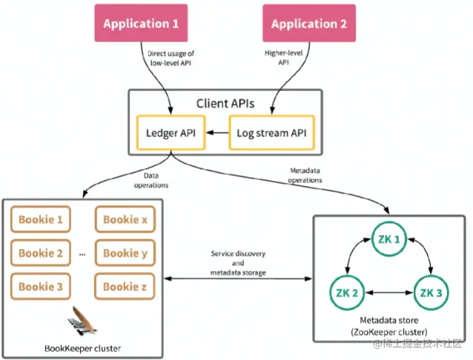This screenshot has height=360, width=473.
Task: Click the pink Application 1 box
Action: (x=141, y=24)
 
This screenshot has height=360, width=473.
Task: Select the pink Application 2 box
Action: (x=309, y=24)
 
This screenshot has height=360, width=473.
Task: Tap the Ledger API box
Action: (x=172, y=133)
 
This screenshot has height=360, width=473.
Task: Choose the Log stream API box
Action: (x=271, y=133)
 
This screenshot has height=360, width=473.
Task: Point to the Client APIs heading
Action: (x=225, y=103)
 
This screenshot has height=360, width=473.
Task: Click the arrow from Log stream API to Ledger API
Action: (x=217, y=133)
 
